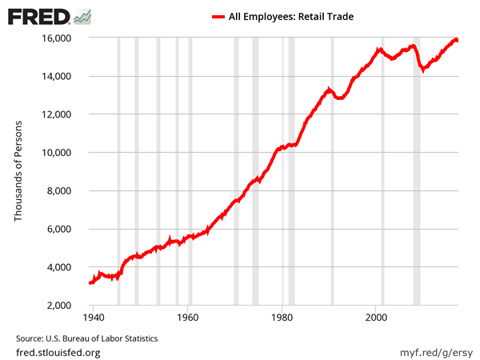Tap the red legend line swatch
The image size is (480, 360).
coord(221,16)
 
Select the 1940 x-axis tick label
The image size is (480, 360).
coord(94,318)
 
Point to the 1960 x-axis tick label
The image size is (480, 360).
coord(188,318)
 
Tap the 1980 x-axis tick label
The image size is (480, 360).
coord(282,318)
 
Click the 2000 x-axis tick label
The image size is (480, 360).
coord(377,318)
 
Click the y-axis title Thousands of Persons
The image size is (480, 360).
coord(18,172)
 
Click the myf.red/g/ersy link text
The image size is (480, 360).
coord(433,352)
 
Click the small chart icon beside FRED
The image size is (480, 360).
coord(82,16)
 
